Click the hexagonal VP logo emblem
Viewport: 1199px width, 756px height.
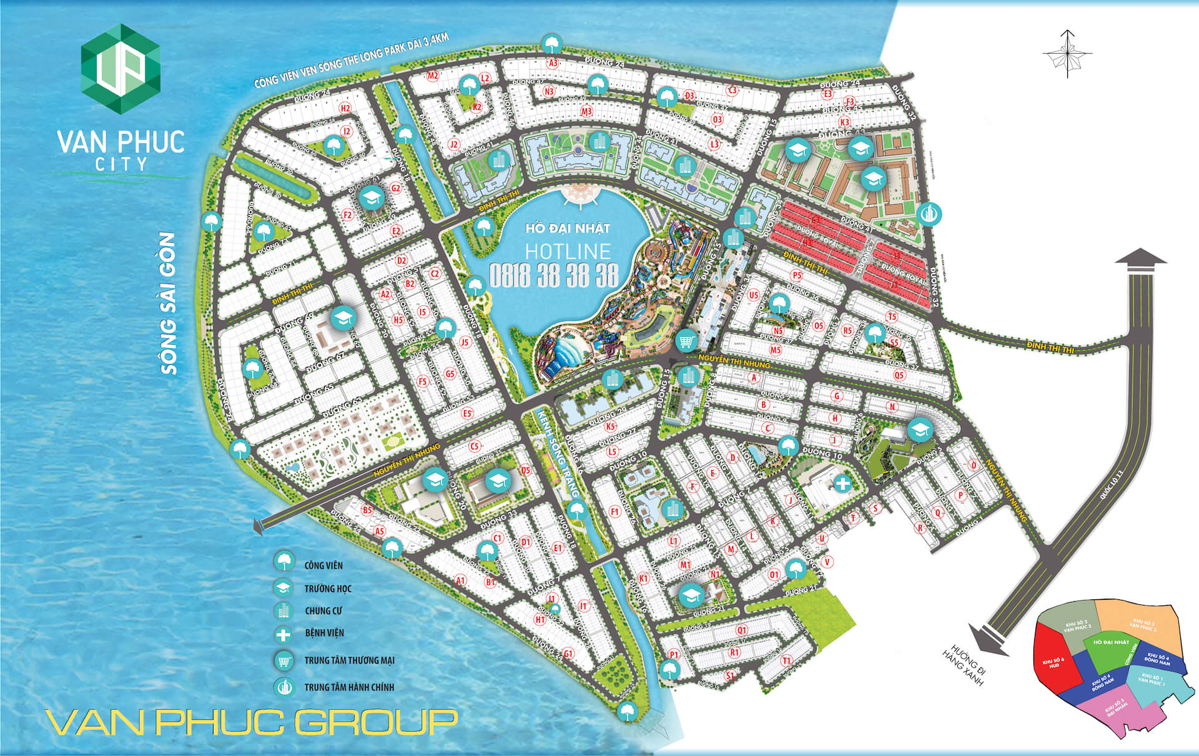(121, 68)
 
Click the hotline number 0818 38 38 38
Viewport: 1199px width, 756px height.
(553, 275)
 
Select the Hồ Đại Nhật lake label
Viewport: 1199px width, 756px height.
(567, 228)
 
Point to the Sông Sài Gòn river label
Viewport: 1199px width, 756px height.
(169, 303)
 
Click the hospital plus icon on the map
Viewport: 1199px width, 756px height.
(842, 483)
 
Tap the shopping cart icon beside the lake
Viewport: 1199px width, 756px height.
(687, 341)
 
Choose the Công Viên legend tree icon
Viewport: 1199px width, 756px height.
(284, 561)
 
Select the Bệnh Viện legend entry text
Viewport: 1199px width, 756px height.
(324, 633)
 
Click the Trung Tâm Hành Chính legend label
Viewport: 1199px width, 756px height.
(349, 687)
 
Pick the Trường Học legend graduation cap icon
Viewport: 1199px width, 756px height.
(284, 588)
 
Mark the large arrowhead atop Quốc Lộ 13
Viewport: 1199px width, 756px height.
(1140, 260)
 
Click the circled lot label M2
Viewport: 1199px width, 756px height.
(432, 76)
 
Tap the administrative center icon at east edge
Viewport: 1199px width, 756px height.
(930, 215)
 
